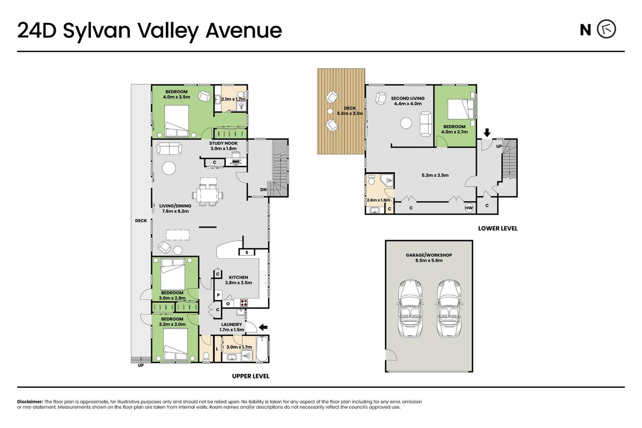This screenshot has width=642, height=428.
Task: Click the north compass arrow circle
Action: pos(607,29)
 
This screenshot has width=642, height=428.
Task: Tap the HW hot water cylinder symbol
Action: pos(469,208)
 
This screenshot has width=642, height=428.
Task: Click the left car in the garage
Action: pos(410,308)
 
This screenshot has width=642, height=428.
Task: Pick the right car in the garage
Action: pos(449,308)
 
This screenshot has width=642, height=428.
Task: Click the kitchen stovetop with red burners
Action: pos(244,302)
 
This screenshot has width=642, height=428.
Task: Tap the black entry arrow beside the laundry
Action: pos(263,327)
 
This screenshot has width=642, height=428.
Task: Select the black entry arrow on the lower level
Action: pos(487,133)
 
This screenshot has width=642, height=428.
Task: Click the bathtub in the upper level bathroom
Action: pos(262,349)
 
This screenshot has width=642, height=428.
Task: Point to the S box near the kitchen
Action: pos(247,253)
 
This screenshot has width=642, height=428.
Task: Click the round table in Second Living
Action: pos(406,123)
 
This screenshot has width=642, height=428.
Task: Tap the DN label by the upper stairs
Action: pos(263,189)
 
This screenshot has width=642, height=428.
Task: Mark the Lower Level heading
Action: pos(498,228)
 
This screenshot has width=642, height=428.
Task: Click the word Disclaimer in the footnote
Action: pos(30,402)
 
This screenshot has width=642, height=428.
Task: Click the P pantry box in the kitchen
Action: pos(218,295)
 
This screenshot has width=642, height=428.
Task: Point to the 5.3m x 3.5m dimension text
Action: pos(435,175)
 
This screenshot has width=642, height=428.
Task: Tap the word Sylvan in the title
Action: pos(97,31)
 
